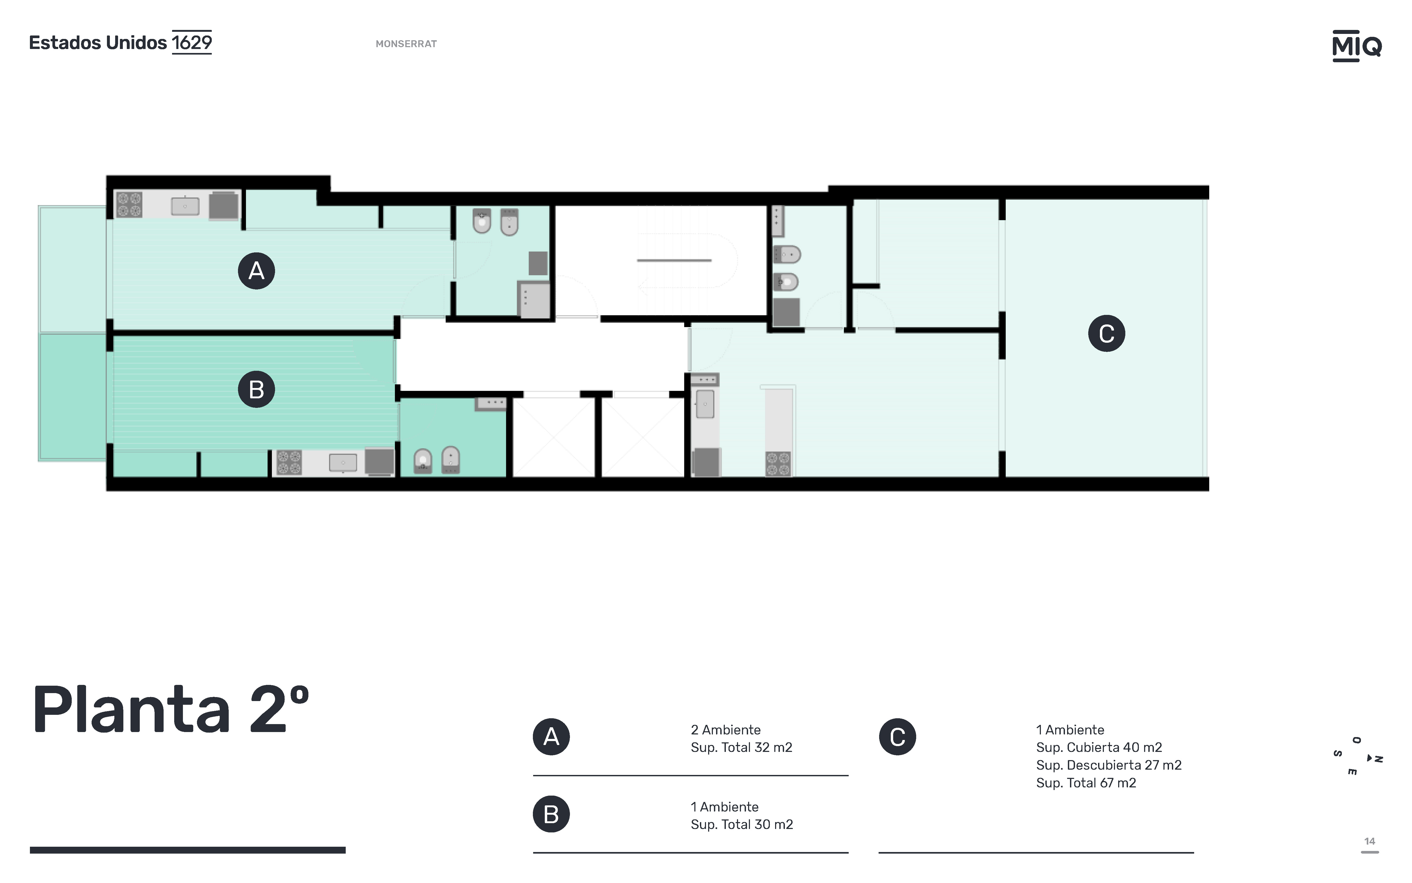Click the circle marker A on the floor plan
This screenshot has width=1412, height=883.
(x=256, y=271)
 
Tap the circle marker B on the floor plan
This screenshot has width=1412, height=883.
(x=256, y=390)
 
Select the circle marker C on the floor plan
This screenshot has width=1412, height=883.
(x=1106, y=333)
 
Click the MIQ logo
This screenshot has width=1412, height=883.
(x=1357, y=46)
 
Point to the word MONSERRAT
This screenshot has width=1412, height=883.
(x=406, y=44)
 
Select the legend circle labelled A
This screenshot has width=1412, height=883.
(x=551, y=737)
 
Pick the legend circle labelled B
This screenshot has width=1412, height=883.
(x=551, y=814)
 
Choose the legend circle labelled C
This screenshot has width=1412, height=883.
(x=897, y=737)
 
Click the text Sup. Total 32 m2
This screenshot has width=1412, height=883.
(x=741, y=747)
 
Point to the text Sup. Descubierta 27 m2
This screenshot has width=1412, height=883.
(x=1108, y=765)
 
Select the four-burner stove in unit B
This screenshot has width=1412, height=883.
(x=289, y=462)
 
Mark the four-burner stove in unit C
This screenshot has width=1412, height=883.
(x=778, y=464)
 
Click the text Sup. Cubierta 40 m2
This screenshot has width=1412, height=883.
(x=1099, y=747)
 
